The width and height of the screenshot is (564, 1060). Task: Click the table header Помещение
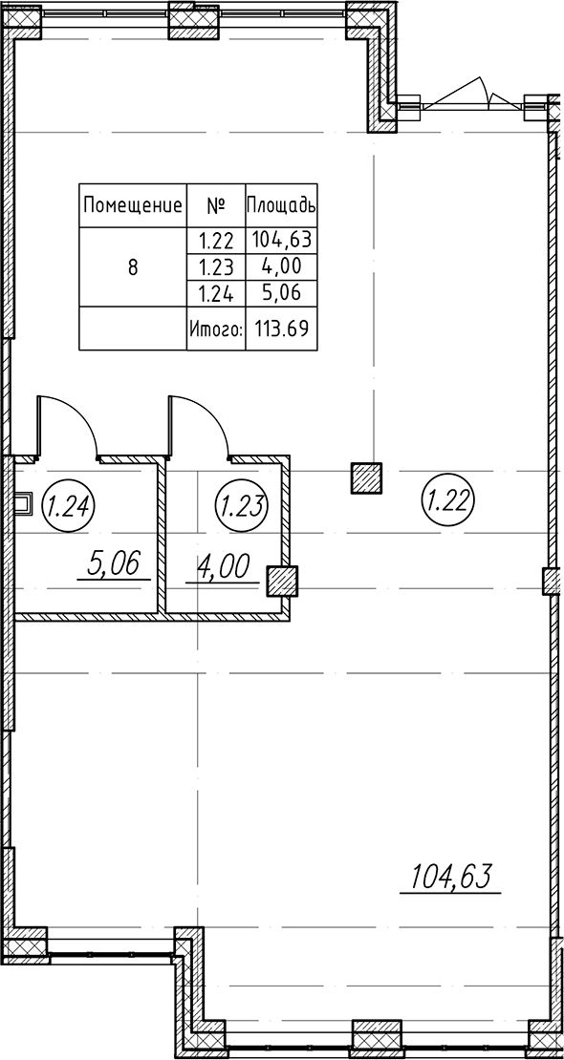pos(133,204)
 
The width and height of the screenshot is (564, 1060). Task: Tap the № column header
pos(215,204)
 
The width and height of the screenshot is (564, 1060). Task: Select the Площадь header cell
pos(280,204)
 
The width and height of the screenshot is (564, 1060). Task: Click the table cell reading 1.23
pos(215,267)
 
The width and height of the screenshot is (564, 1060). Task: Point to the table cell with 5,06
pos(280,293)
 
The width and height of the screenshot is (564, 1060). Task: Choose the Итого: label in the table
pos(216,329)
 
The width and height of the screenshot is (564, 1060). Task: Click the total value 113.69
pos(281,329)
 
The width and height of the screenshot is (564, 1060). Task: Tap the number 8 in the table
pos(133,267)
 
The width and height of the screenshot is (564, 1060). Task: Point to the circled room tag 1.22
pos(448,500)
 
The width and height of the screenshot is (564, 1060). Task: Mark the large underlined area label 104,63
pos(449,879)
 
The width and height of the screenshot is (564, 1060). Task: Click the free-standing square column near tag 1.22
pos(366,478)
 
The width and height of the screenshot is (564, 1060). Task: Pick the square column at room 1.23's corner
pos(282,582)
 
